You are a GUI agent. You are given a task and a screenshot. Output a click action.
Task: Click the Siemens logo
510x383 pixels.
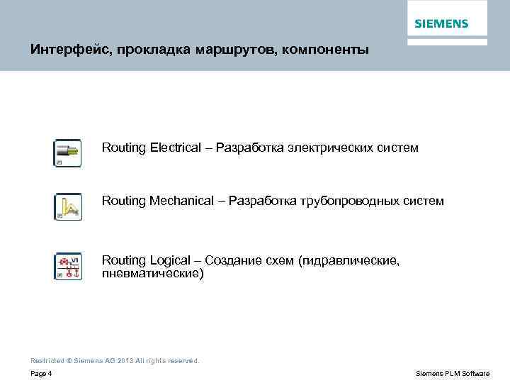pos(441,24)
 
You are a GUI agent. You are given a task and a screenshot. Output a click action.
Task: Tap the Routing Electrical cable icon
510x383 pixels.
pos(68,152)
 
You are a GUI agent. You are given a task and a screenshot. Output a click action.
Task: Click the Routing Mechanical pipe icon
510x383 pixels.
pos(68,206)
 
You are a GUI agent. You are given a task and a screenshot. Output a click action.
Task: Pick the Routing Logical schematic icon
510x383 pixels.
pos(68,266)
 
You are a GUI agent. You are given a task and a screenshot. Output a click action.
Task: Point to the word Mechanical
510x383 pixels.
pos(181,201)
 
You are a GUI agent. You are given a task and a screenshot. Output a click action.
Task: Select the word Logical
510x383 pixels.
pos(170,260)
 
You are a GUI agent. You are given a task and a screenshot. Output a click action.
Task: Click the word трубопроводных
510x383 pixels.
pos(356,201)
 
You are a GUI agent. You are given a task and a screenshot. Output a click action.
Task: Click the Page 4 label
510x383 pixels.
pos(41,373)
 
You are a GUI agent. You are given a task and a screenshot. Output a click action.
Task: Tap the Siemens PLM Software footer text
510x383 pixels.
pos(453,373)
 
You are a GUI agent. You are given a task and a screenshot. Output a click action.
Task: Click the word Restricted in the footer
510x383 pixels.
pos(47,360)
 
